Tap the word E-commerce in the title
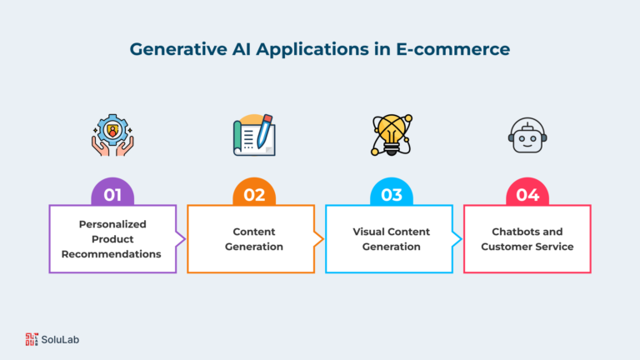(453, 49)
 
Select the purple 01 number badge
(112, 192)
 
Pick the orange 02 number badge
(254, 192)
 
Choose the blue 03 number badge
(392, 192)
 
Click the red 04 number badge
(527, 192)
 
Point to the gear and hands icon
(112, 135)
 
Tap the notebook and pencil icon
(254, 135)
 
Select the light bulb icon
(392, 135)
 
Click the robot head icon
(527, 135)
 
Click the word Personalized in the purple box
(112, 224)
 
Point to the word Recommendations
(112, 254)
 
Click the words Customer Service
(527, 247)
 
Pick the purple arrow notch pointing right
(181, 239)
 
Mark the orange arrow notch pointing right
(319, 239)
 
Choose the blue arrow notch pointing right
(457, 239)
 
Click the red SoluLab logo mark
(32, 339)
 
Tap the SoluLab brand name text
(60, 340)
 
